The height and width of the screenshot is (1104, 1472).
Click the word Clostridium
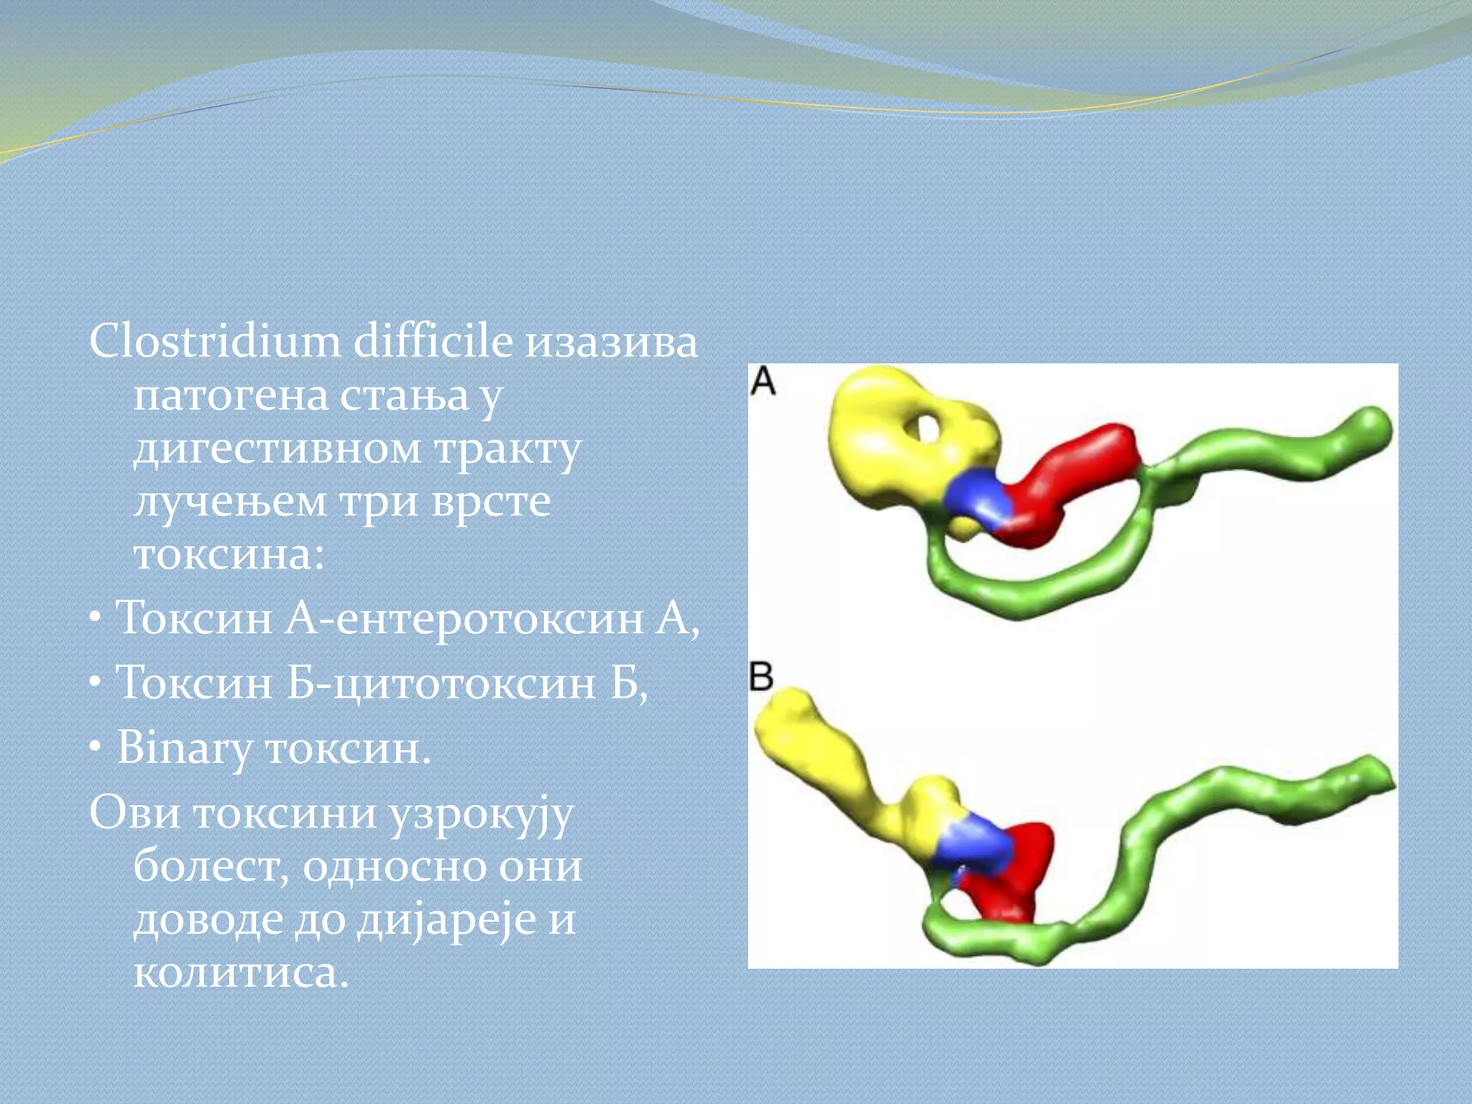pyautogui.click(x=215, y=341)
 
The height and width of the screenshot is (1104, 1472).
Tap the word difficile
pyautogui.click(x=433, y=341)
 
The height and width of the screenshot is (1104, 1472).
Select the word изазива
pyautogui.click(x=611, y=342)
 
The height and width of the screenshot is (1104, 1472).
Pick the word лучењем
pyautogui.click(x=229, y=502)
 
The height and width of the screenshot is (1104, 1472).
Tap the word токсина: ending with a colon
pyautogui.click(x=229, y=555)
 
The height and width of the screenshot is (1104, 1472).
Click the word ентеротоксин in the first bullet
pyautogui.click(x=489, y=618)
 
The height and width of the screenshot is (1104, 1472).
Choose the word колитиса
pyautogui.click(x=241, y=973)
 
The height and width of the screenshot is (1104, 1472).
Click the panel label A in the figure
pyautogui.click(x=763, y=381)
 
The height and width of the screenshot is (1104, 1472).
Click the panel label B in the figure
pyautogui.click(x=761, y=676)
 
